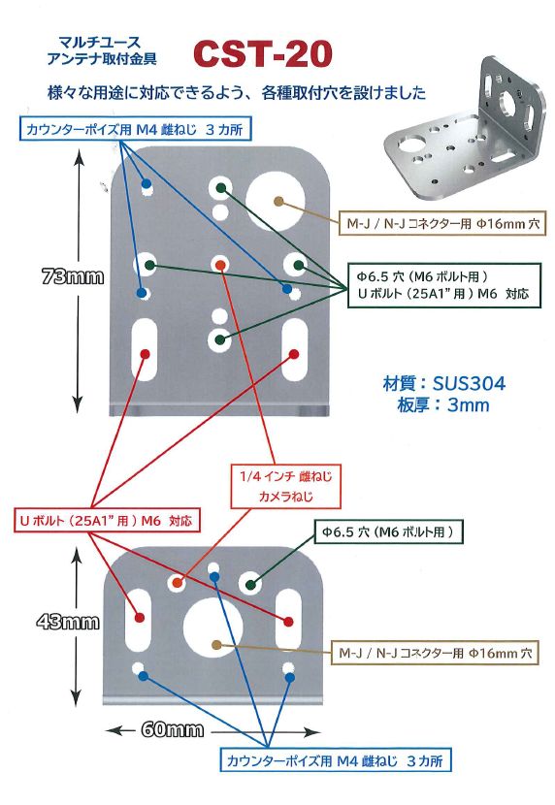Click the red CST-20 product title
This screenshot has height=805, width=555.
(262, 54)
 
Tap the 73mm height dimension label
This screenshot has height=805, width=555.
(73, 277)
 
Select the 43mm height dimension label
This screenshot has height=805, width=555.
(68, 623)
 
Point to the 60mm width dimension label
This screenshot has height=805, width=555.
(173, 730)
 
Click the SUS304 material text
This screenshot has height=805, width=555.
(444, 383)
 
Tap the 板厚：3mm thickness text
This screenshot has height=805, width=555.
(443, 405)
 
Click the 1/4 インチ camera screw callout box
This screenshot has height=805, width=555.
(285, 486)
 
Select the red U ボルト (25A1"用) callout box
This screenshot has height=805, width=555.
(107, 521)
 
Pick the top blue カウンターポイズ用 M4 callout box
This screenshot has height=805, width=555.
(137, 129)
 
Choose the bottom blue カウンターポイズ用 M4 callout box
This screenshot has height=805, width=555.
(336, 760)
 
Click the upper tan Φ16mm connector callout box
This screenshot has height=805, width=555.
(442, 223)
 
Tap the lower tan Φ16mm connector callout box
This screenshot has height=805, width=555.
(435, 653)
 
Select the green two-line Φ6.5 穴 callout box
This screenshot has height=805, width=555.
(444, 285)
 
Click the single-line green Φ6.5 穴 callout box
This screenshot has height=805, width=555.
(388, 531)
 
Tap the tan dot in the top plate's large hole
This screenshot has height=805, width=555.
(278, 203)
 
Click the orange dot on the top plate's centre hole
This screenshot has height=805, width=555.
(219, 266)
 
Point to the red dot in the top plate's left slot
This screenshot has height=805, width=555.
(145, 354)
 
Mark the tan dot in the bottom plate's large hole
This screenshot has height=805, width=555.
(216, 645)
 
